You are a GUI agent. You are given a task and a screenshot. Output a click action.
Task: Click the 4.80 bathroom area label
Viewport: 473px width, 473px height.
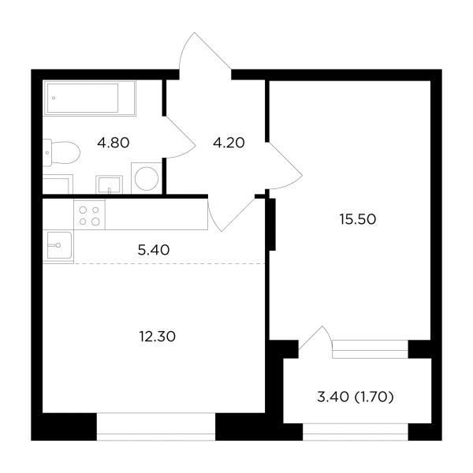pyautogui.click(x=113, y=143)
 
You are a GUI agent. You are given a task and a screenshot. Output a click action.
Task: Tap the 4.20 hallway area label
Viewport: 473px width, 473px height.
pyautogui.click(x=229, y=143)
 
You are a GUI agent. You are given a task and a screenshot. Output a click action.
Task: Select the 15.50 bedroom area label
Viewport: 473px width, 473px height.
pyautogui.click(x=358, y=219)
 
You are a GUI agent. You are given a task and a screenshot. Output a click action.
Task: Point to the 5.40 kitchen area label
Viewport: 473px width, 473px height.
pyautogui.click(x=154, y=250)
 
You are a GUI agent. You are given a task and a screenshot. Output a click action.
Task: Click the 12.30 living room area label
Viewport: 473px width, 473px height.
pyautogui.click(x=158, y=337)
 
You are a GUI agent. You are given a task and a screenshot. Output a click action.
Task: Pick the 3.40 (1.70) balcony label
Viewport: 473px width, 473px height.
pyautogui.click(x=356, y=397)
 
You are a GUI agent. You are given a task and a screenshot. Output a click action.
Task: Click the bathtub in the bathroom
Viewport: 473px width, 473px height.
pyautogui.click(x=90, y=98)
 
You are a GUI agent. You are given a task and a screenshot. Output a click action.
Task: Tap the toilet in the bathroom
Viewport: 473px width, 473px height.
pyautogui.click(x=61, y=153)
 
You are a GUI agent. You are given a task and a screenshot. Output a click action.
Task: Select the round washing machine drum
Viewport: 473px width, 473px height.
pyautogui.click(x=147, y=179)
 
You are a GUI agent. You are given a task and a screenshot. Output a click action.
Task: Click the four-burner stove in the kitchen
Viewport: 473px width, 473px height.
pyautogui.click(x=89, y=215)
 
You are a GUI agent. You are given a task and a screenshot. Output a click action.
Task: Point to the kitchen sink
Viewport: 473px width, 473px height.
pyautogui.click(x=59, y=245)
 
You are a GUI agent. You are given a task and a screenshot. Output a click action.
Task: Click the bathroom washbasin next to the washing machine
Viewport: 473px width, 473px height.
pyautogui.click(x=110, y=184)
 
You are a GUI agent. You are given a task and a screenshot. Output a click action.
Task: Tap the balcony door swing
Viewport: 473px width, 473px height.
pyautogui.click(x=315, y=338)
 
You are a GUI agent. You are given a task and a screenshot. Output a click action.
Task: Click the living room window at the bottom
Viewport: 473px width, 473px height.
pyautogui.click(x=156, y=426)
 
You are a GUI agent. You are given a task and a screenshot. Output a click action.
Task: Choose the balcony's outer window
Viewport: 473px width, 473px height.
pyautogui.click(x=356, y=431)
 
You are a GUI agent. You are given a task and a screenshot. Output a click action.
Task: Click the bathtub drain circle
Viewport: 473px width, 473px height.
pyautogui.click(x=54, y=98)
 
